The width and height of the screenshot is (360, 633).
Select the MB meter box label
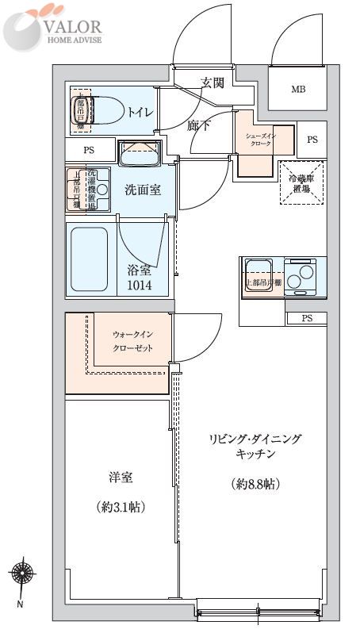pyautogui.click(x=297, y=89)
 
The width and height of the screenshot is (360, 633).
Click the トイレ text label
pyautogui.click(x=142, y=113)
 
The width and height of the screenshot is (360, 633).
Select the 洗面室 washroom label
pyautogui.click(x=143, y=190)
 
